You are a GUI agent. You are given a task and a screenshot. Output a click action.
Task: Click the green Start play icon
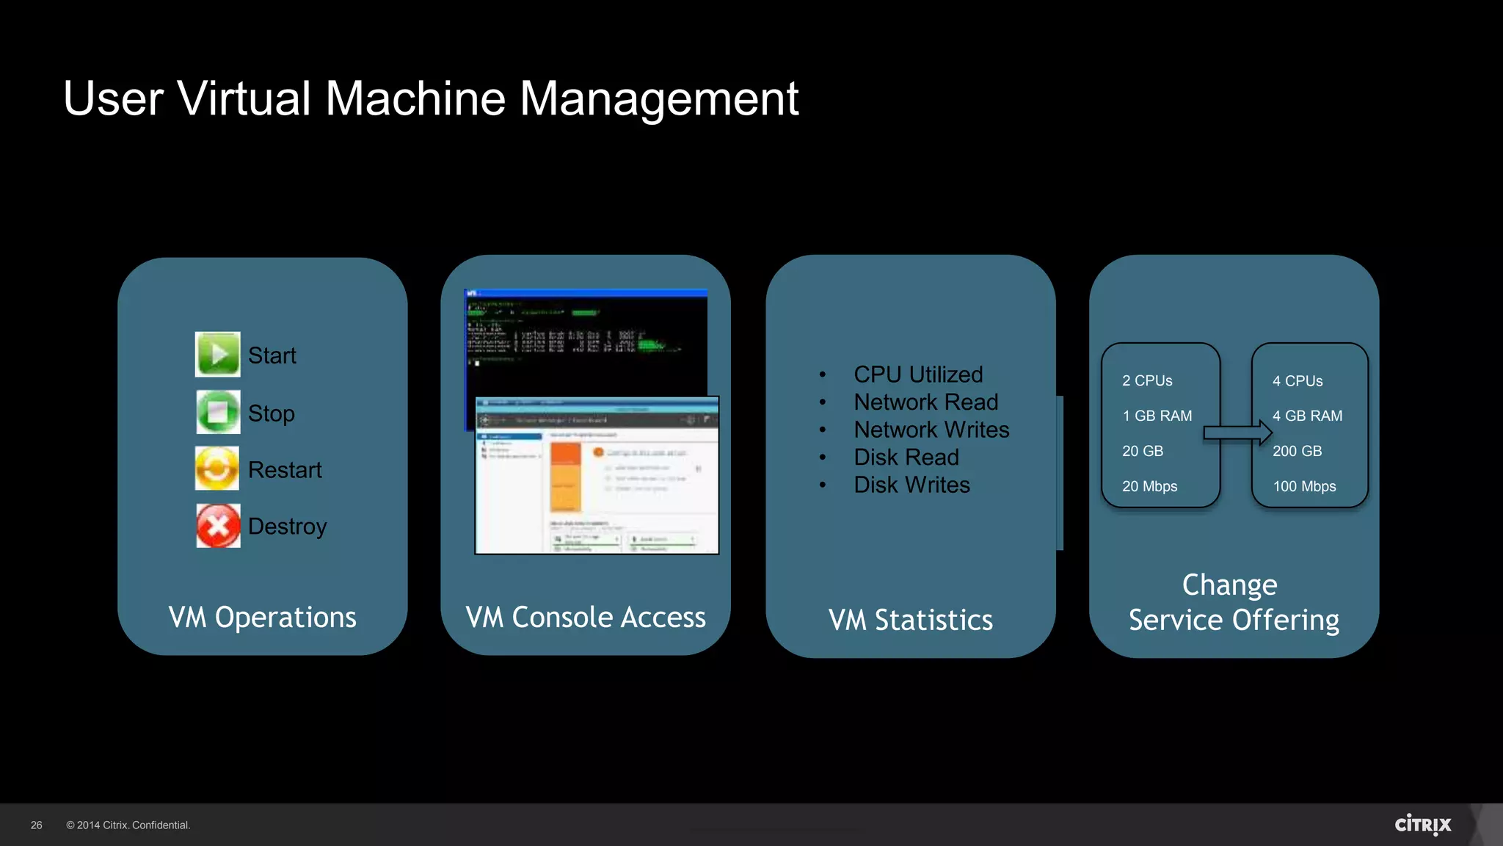217,355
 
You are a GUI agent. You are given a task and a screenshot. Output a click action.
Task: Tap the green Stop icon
217,412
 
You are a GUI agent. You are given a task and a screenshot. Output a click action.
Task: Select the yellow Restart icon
217,469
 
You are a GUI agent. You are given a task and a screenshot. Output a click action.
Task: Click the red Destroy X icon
218,526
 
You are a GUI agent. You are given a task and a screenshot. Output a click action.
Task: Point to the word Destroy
287,527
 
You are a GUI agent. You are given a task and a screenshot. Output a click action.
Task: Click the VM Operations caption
262,618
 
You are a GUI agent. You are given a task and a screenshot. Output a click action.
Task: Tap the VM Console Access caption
586,618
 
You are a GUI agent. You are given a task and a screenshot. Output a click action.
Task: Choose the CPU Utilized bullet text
918,375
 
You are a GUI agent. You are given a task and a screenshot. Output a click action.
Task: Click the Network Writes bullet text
931,430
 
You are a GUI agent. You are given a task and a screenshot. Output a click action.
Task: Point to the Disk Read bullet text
906,458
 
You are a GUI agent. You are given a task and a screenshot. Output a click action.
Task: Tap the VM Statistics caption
911,621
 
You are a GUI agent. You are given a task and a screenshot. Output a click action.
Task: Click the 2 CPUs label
1147,381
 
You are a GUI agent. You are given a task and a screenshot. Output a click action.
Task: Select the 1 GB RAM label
1157,416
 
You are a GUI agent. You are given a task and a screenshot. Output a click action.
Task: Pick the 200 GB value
1297,452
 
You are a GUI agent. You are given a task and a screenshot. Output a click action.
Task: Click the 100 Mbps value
1304,487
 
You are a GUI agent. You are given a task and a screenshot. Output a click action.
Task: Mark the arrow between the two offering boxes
1237,433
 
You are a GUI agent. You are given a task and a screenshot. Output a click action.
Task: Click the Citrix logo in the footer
1423,825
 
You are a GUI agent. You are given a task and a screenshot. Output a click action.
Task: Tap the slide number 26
37,825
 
